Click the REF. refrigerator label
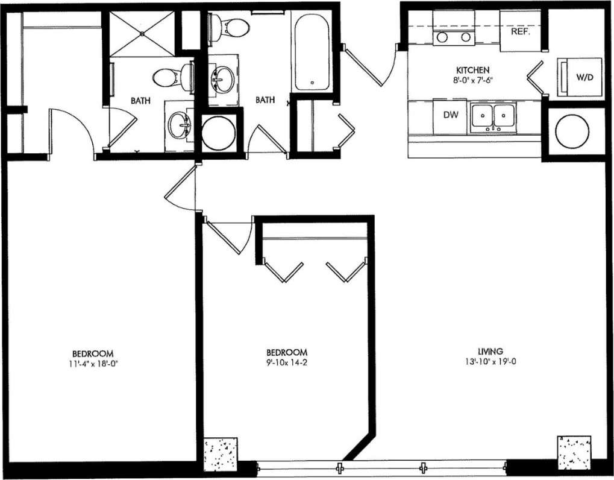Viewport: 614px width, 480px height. tap(520, 32)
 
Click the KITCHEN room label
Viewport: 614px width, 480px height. tap(472, 70)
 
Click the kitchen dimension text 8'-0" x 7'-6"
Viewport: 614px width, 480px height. tap(472, 80)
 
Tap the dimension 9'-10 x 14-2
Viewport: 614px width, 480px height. tap(287, 362)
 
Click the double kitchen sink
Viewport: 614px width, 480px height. tap(492, 115)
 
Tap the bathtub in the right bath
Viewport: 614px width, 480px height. tap(311, 51)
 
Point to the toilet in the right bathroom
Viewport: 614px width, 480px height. tap(231, 26)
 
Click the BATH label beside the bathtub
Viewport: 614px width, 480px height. tap(265, 100)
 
